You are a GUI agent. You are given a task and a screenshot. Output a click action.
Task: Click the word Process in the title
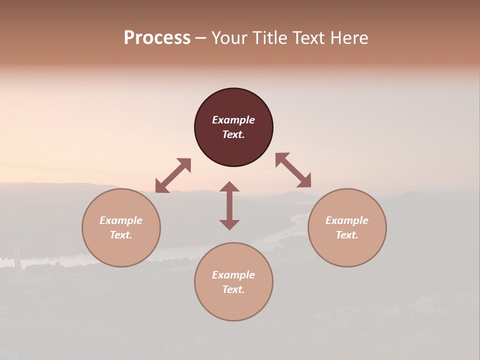[157, 38]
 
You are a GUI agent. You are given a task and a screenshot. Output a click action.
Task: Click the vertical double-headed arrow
[229, 205]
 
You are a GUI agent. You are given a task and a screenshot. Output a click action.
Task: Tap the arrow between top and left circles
[173, 175]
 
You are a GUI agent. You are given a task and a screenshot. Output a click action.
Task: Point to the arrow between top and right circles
[293, 170]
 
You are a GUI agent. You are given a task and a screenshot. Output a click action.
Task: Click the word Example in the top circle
[233, 120]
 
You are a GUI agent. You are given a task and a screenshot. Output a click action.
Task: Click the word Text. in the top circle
[233, 134]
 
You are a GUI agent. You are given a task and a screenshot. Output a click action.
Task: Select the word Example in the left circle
[121, 220]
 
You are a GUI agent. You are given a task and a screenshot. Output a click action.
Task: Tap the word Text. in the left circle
[121, 235]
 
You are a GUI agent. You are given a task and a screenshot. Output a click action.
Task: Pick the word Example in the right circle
[347, 220]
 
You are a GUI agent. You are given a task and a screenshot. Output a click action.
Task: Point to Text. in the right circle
[347, 235]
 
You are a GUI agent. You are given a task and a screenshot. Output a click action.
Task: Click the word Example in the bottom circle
[233, 275]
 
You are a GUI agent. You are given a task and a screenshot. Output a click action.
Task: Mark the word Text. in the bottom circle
[233, 289]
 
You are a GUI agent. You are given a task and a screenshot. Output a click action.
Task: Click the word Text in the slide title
[307, 38]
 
